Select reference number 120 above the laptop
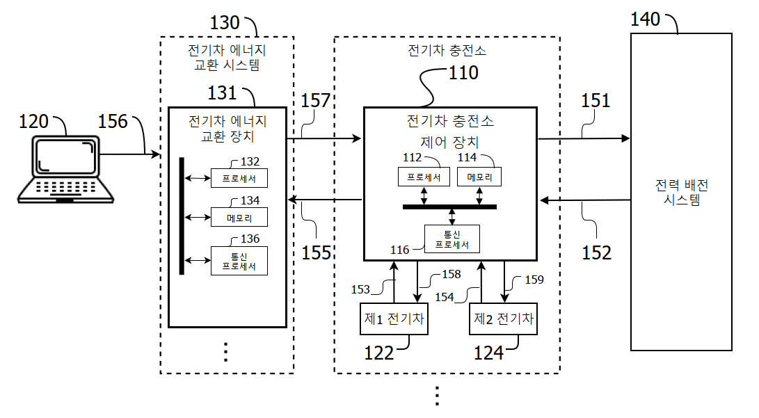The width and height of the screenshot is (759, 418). (x=33, y=122)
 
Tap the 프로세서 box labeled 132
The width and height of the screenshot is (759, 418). (x=239, y=179)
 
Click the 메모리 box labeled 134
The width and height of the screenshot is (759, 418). (x=239, y=218)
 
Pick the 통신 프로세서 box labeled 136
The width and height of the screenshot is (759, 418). (x=239, y=261)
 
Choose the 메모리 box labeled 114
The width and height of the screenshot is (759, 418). (x=479, y=177)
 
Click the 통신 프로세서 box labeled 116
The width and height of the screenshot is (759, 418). (x=452, y=239)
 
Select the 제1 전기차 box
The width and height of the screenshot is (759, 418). (x=394, y=319)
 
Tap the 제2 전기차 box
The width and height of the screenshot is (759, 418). (x=504, y=319)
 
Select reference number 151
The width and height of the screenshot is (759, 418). (x=596, y=100)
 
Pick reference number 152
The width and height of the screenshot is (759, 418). (x=596, y=252)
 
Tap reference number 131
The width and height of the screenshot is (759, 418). (x=223, y=93)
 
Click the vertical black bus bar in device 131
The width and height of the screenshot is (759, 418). (x=182, y=216)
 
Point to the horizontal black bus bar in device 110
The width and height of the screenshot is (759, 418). (x=450, y=207)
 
